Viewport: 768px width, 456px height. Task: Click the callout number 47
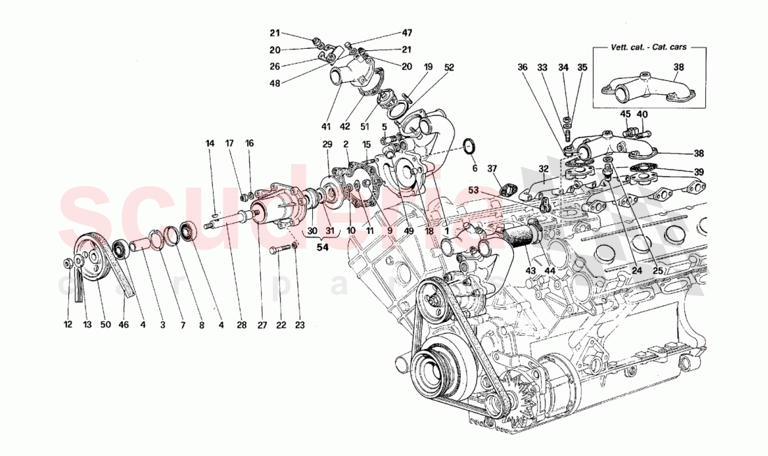(407, 33)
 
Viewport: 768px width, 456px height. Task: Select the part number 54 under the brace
(322, 248)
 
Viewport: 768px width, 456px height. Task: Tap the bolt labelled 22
(276, 251)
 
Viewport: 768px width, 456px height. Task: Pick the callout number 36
(522, 68)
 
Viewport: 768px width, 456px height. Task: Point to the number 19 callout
(428, 67)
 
